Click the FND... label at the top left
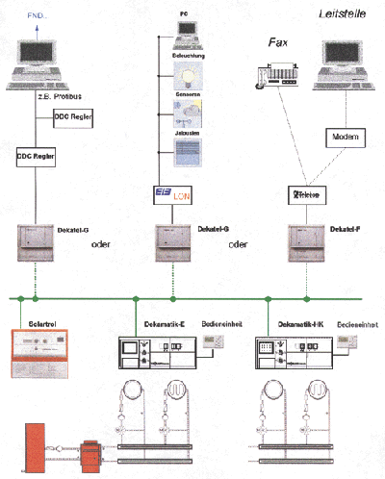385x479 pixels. coord(43,17)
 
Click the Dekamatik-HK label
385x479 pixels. coord(299,325)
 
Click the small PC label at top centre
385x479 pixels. coord(183,17)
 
